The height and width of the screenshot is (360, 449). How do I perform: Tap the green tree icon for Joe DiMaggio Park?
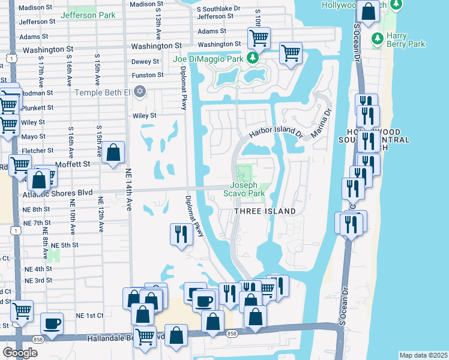tap(253, 58)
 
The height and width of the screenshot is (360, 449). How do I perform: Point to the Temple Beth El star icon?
tap(140, 92)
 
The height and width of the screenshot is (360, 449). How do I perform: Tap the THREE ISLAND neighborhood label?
tap(265, 211)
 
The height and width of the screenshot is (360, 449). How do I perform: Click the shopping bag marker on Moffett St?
tap(113, 153)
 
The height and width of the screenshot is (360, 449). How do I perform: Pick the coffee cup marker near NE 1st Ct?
tap(52, 323)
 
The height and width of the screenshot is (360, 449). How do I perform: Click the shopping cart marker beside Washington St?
tap(259, 38)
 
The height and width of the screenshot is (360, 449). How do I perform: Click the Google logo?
tap(20, 353)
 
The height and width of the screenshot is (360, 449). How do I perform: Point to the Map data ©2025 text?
tap(424, 355)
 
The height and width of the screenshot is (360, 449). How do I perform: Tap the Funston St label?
tap(148, 75)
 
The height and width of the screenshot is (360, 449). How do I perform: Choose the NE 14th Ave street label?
tap(128, 189)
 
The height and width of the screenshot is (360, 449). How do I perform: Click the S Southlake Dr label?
tap(219, 8)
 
